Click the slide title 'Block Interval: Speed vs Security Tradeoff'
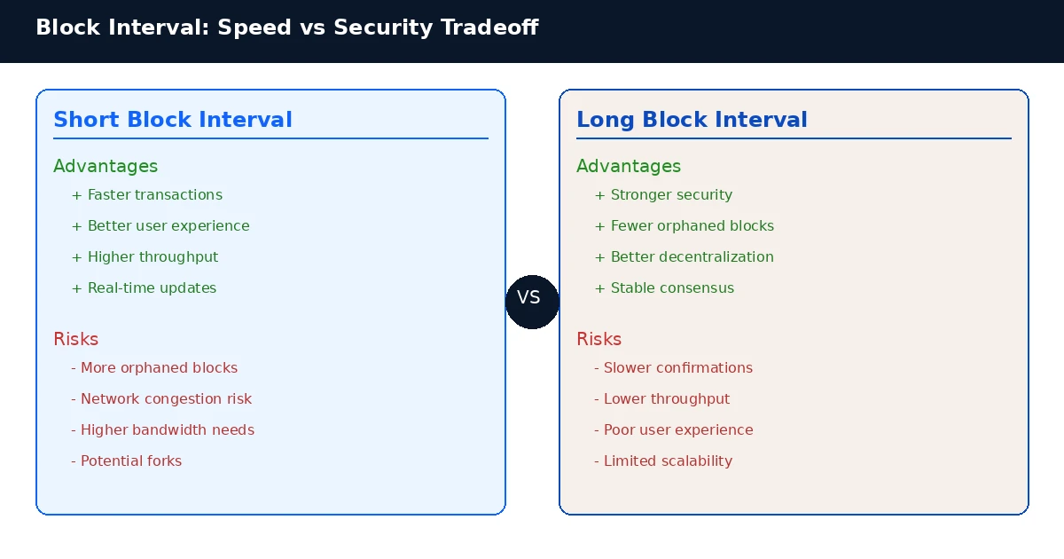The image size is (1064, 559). coord(286,28)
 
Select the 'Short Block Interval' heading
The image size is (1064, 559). coord(173,120)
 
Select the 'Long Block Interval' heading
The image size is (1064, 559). coord(692,120)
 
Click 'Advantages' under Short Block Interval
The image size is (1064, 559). coord(106,166)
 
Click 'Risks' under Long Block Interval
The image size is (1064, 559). coord(598,339)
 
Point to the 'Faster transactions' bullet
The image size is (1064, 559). coord(147,195)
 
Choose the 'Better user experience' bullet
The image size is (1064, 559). coord(160,226)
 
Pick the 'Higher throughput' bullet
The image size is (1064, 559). coord(145,257)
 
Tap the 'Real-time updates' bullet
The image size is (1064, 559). coord(144,288)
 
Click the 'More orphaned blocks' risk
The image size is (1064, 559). coord(154,368)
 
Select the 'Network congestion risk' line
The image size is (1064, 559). coord(161,399)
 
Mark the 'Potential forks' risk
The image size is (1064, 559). coord(127,461)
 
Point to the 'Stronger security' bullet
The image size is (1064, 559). coord(663,195)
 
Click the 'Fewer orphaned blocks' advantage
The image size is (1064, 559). coord(684,226)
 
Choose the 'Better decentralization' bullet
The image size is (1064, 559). coord(684,257)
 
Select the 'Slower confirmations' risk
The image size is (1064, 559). coord(673,368)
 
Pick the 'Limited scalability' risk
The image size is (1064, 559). coord(663,461)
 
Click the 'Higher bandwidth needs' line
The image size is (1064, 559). coord(163,430)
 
